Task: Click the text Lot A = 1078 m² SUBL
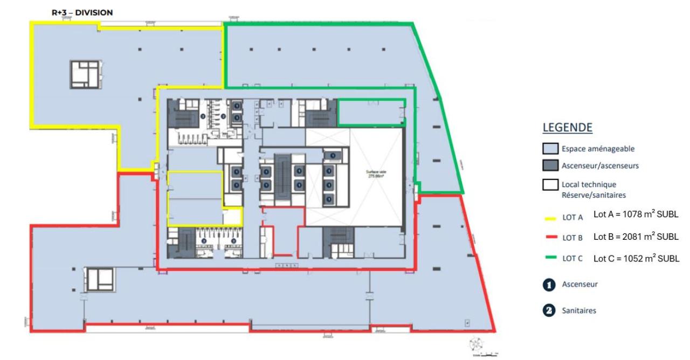coord(636,214)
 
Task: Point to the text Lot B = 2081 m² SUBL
coord(636,237)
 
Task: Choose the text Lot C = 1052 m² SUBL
coord(636,258)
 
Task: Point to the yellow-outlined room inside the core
coord(195,198)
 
